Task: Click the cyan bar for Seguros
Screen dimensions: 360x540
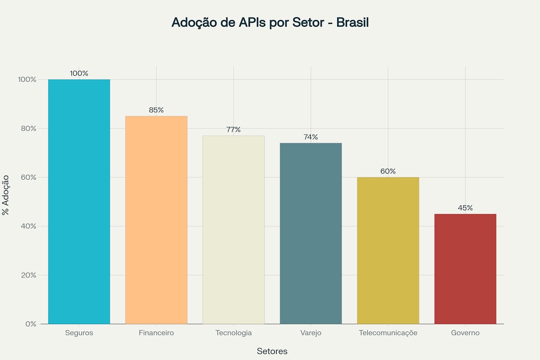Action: (79, 201)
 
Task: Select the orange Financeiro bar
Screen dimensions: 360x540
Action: (156, 220)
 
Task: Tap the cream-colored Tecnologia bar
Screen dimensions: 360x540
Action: (233, 230)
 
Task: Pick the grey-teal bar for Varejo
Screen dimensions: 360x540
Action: (311, 233)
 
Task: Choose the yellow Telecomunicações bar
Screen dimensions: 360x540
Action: (388, 250)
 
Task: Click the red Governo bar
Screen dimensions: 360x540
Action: (465, 269)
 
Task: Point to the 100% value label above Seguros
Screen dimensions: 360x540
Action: (79, 73)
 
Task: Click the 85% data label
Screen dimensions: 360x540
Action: (156, 110)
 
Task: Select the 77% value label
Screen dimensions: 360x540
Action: (233, 130)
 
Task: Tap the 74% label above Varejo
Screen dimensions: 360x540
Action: (311, 137)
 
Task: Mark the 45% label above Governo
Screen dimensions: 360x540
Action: (465, 208)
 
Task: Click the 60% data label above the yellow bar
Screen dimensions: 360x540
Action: (388, 171)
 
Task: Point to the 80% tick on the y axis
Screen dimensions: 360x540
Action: (28, 128)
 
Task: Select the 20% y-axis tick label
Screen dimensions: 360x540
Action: (28, 275)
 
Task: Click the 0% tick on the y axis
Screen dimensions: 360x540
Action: (31, 324)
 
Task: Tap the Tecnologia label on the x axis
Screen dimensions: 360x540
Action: (233, 333)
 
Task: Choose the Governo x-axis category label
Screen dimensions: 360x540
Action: (465, 333)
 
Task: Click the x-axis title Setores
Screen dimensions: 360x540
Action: (272, 351)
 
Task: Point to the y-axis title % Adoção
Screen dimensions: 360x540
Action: (5, 195)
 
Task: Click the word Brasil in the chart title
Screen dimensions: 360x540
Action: (352, 22)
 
